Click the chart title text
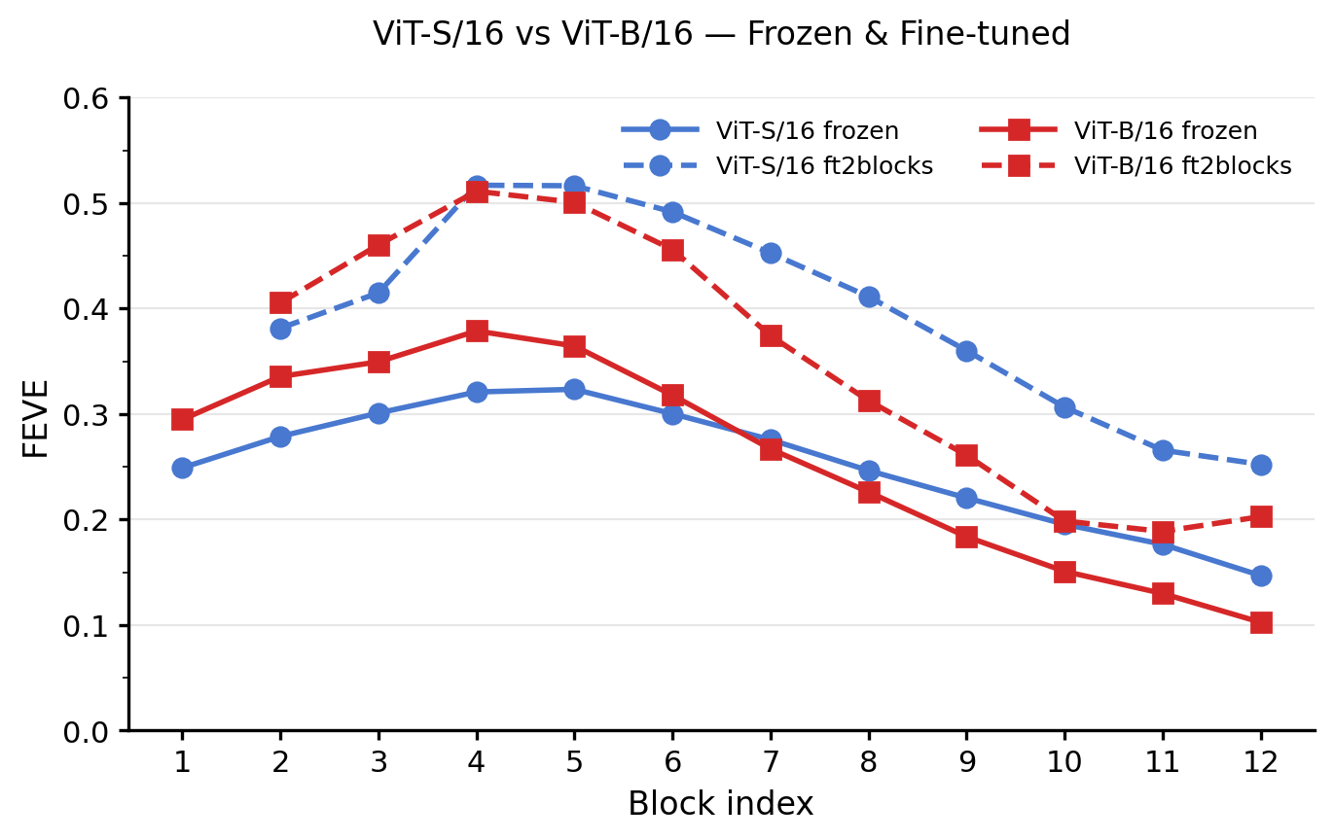pos(721,34)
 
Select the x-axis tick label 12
pos(1261,762)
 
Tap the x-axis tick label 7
pos(771,762)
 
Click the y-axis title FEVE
pos(36,415)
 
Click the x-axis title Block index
pos(720,804)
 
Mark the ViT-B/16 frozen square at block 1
pos(182,419)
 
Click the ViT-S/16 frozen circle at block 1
pos(182,468)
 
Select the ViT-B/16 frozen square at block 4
pos(477,331)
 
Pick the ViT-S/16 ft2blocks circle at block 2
pos(280,329)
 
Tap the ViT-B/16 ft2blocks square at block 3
pos(379,245)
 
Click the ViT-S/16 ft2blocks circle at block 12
pos(1261,465)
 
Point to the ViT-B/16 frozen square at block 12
pos(1261,622)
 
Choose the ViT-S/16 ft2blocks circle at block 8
pos(869,297)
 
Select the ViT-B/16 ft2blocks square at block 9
pos(966,455)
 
